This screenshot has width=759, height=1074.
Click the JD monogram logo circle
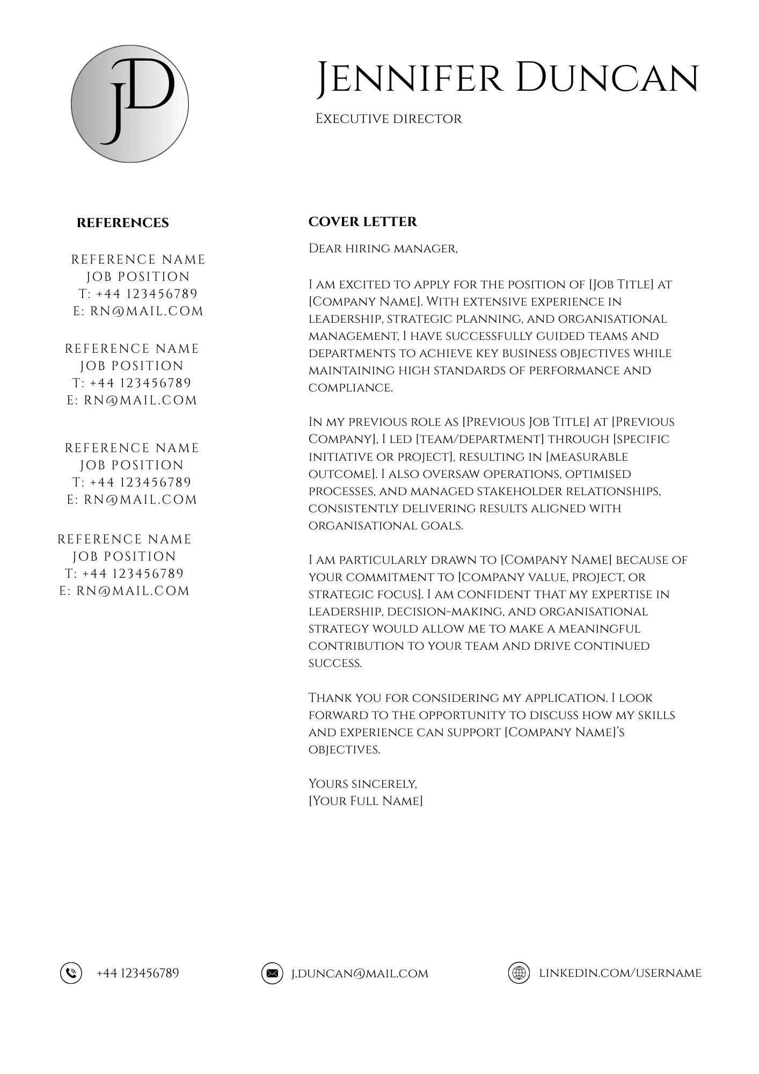(130, 104)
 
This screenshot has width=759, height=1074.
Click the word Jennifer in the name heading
(408, 78)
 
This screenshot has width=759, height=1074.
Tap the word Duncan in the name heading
(607, 78)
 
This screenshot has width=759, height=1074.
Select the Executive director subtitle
(388, 119)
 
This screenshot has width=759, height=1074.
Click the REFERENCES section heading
(122, 223)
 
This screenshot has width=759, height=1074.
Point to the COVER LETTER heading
(362, 222)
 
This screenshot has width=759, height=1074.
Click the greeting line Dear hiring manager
(383, 249)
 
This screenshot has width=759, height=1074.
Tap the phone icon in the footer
(71, 973)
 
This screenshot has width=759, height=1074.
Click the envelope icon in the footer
(272, 973)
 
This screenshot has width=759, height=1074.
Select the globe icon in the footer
(519, 973)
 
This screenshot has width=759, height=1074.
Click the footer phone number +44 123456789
(137, 973)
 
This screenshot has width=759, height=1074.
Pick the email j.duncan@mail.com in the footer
(360, 974)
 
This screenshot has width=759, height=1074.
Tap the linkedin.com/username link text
(620, 973)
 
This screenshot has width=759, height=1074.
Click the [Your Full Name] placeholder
(366, 801)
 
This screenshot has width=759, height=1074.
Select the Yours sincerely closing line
(362, 784)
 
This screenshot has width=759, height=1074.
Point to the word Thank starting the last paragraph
(329, 698)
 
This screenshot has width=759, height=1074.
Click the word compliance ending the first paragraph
(350, 388)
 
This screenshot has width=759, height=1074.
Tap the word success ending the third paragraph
(335, 664)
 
